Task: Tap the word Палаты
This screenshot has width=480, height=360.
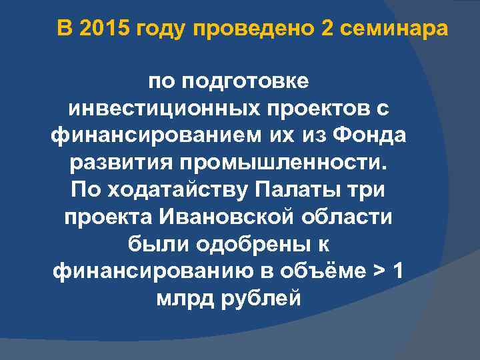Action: click(303, 190)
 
